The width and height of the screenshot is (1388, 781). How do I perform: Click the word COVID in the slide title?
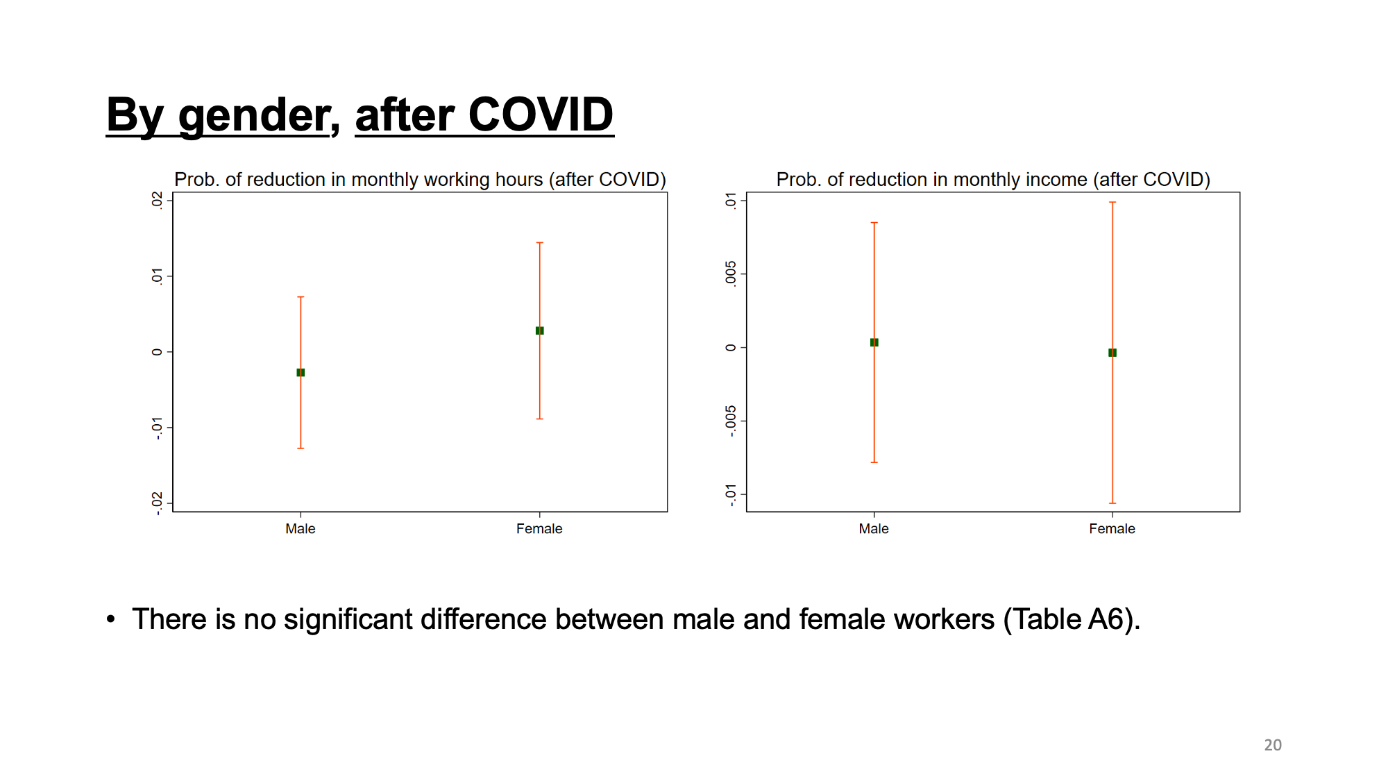coord(541,115)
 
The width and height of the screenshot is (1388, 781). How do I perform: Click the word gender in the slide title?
coord(254,117)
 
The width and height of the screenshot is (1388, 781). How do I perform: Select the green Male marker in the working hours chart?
coord(301,373)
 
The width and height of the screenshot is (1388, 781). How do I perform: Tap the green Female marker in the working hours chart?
coord(539,330)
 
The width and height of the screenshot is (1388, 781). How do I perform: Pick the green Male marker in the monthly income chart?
coord(874,342)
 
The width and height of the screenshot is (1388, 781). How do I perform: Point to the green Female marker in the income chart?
coord(1112,353)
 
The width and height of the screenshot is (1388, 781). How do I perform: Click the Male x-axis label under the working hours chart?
coord(301,529)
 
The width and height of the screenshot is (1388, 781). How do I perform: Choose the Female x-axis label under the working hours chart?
coord(539,529)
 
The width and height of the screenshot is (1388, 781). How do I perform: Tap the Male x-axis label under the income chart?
coord(874,529)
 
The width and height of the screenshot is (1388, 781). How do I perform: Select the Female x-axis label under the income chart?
coord(1112,529)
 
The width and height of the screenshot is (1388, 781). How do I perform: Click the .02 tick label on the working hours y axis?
coord(158,200)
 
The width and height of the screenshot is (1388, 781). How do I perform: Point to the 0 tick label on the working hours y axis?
coord(158,352)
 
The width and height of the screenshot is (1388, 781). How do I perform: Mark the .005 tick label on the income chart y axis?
coord(731,274)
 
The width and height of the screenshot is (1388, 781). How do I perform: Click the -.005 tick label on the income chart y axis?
coord(731,421)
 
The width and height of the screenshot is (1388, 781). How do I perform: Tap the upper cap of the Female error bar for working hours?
coord(539,242)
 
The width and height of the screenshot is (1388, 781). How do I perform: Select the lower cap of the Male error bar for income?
coord(874,462)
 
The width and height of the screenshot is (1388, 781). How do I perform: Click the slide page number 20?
coord(1273,745)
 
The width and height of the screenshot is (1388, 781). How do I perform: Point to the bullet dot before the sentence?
coord(111,618)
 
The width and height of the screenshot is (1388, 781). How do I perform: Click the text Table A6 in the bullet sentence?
coord(1068,619)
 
